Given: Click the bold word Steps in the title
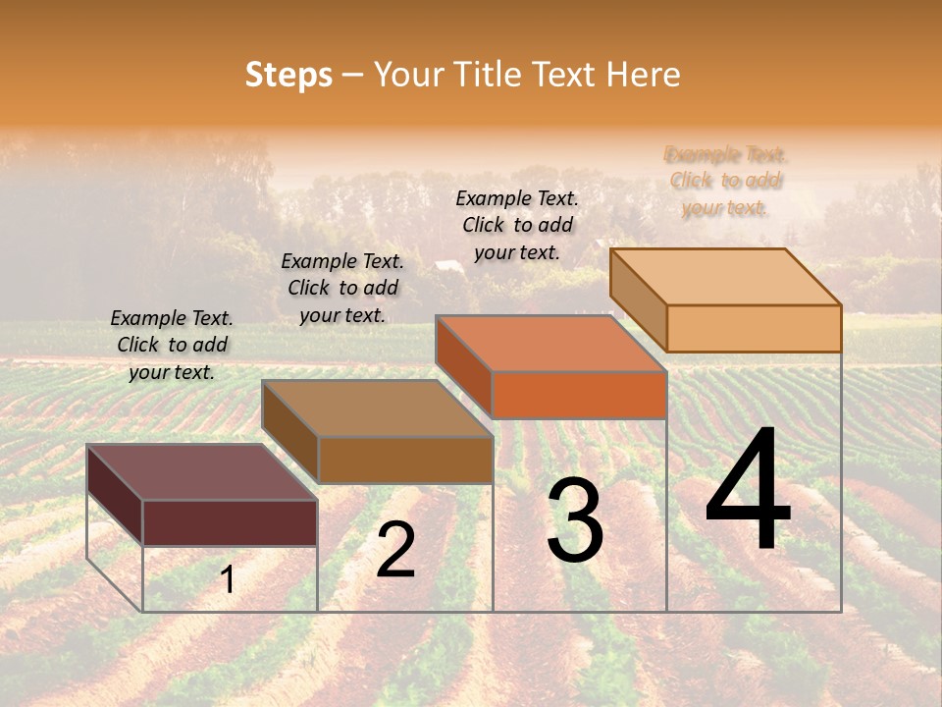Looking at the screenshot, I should pos(288,76).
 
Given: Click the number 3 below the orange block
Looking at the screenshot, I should pos(575,520).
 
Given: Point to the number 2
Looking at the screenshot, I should pos(395,550).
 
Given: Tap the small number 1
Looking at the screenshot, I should pos(228,580).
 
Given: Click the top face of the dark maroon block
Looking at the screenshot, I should pos(201,471).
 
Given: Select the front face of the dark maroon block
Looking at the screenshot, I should pos(230,522).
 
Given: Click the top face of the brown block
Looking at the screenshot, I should pos(377,408).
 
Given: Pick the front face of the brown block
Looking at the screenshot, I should pos(405,460).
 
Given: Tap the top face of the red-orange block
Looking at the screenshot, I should pos(550,344).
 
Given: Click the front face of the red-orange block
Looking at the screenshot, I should pos(579,395).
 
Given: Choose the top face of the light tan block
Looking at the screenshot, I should pos(725,276).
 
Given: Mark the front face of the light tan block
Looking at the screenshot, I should pos(754,328).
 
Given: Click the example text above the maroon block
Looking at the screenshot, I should pos(172,345).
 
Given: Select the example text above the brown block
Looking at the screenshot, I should pos(342,288).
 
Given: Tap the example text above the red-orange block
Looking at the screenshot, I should pos(517,225).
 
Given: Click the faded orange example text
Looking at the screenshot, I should pos(725,181).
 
